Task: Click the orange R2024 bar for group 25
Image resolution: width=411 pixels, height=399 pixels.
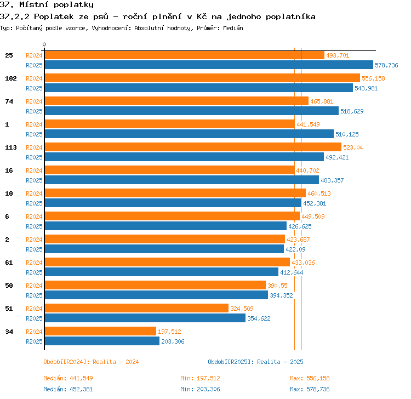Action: pos(185,55)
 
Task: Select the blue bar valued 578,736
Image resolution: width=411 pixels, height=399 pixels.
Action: pos(209,65)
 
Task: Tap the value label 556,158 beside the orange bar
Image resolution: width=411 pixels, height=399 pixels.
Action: pos(373,78)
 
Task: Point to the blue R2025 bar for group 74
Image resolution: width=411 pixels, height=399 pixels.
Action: pos(192,111)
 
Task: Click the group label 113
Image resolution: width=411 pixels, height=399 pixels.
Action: pos(11,147)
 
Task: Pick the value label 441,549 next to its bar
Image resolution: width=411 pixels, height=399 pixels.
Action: pos(308,124)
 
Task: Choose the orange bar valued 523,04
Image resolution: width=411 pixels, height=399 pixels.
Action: pos(193,147)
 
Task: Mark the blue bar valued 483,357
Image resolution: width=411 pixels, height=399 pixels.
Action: pos(181,180)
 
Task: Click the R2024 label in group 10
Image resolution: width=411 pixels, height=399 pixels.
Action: pos(34,193)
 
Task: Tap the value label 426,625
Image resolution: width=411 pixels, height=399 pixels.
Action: pos(300,226)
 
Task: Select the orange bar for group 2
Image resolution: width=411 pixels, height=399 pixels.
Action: pos(165,239)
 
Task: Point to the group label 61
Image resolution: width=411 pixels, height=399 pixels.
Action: pos(9,263)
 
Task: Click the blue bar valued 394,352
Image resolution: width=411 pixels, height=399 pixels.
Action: pos(156,295)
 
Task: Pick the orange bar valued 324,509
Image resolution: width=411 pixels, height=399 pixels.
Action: pos(136,308)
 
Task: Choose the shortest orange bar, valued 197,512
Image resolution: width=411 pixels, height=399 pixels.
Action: pos(100,331)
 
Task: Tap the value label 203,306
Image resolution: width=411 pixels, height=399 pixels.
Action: pos(173,341)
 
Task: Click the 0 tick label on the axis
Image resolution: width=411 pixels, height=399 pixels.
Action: pos(44,44)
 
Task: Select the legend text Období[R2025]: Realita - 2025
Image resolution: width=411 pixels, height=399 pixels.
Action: pos(255,362)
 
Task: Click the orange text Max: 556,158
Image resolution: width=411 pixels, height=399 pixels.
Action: pos(310,378)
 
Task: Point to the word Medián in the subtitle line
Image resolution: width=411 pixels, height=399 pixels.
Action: pos(233,28)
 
